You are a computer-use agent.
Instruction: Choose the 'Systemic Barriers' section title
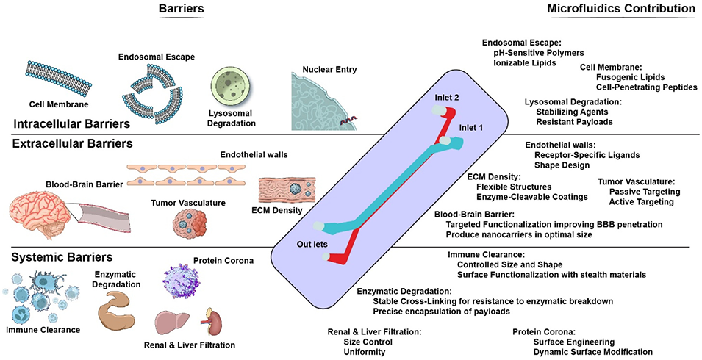coord(61,258)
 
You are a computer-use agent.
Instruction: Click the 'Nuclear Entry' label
coord(321,70)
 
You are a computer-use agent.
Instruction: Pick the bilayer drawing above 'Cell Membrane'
coord(51,75)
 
